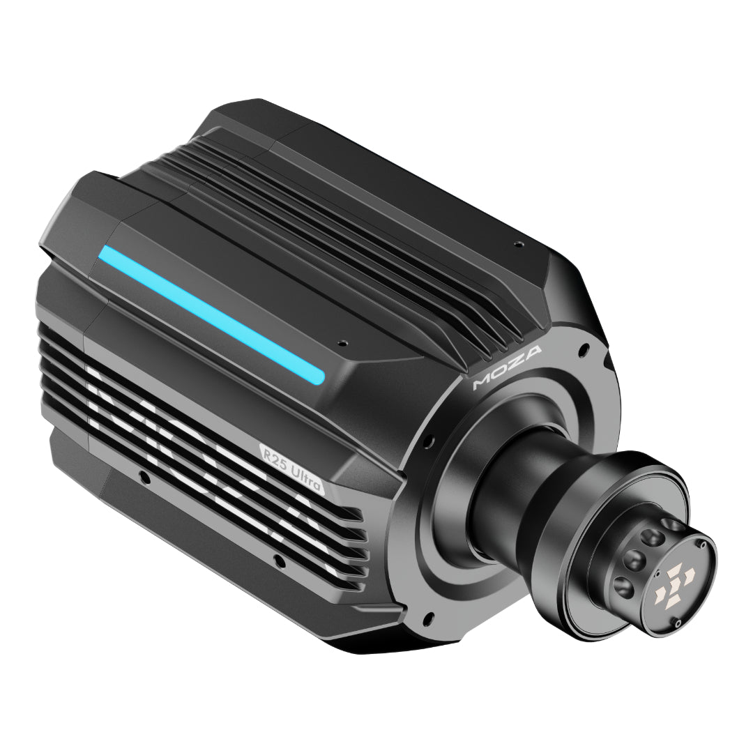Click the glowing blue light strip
click(209, 314)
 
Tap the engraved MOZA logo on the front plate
click(508, 367)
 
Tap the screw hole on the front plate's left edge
click(427, 441)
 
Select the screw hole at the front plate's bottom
click(429, 617)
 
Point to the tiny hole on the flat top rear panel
click(517, 244)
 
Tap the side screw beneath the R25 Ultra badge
click(277, 558)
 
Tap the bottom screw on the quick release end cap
click(678, 623)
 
